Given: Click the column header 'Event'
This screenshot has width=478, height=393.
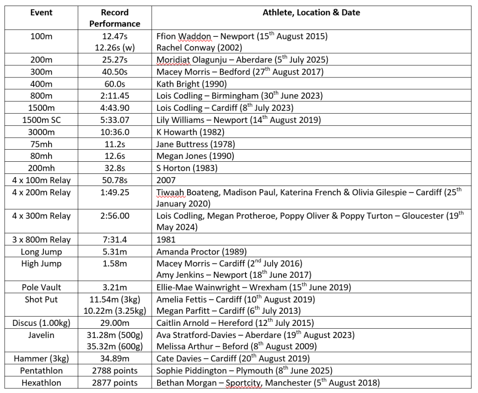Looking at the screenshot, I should pos(42,13).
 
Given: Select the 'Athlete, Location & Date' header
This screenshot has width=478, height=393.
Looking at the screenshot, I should pos(311,13).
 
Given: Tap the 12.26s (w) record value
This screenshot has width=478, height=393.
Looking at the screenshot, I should pos(114,48).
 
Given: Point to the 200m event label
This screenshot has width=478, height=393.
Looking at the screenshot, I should pos(42,60).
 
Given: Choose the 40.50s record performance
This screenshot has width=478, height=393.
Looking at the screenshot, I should pos(114,72).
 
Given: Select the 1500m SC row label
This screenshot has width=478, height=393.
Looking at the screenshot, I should pos(42,120).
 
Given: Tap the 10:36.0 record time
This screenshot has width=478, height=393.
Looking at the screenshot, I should pos(114,132).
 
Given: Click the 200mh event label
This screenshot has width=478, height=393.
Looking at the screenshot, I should pos(42,168).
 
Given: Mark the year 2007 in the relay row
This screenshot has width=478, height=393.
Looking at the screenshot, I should pos(166,180).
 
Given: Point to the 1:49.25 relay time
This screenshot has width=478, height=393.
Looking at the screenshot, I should pos(114,192).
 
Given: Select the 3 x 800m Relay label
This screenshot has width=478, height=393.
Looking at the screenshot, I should pos(42,240).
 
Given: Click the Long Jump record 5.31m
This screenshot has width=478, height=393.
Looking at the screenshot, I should pos(114,252).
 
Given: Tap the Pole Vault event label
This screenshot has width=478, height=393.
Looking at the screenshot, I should pos(42,287).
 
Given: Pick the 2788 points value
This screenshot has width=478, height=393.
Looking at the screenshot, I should pos(114,371).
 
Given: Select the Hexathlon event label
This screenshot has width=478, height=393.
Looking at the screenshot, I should pos(42,383).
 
